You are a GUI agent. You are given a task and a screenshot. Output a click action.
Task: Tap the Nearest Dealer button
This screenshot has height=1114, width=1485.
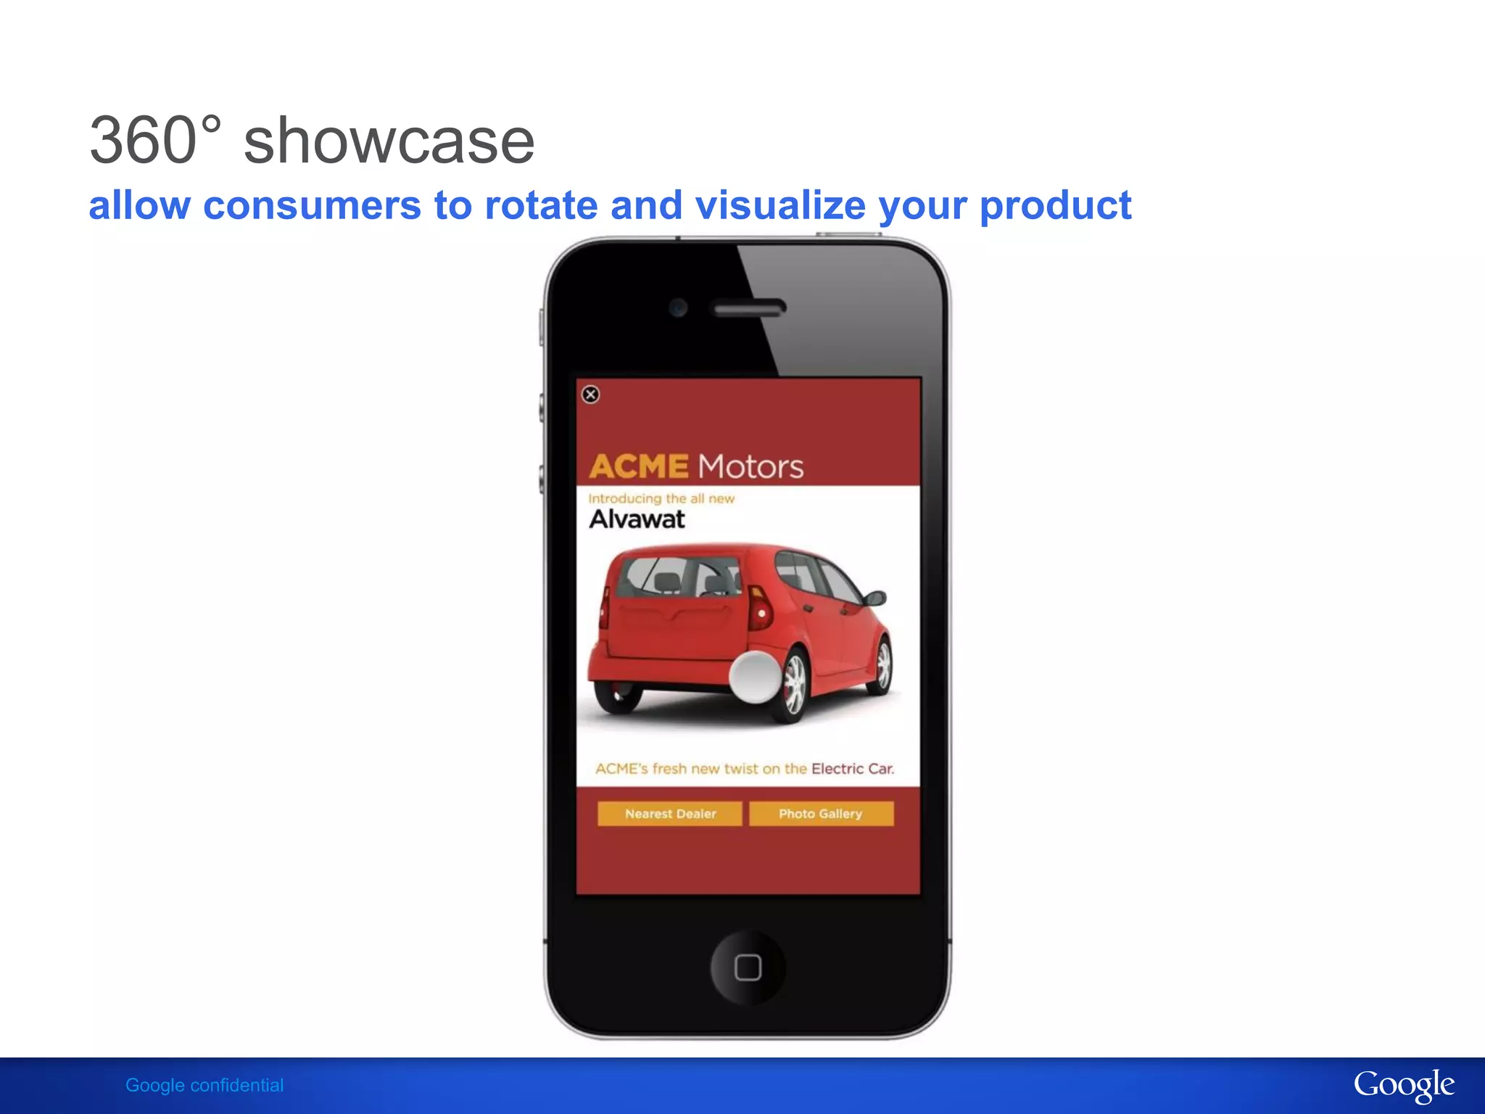pos(669,814)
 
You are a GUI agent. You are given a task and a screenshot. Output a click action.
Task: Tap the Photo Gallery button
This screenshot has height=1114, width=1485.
pos(821,814)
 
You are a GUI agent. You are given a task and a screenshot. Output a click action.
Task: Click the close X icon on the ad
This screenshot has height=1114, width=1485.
pos(591,395)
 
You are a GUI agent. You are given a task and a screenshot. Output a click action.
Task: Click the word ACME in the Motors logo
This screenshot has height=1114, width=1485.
pos(639,466)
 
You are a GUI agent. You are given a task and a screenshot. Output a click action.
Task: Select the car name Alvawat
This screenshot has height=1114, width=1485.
pos(637,519)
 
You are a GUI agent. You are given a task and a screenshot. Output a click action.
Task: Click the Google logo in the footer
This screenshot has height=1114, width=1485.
pos(1404,1085)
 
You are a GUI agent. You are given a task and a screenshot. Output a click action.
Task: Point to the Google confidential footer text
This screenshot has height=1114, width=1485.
pos(204,1085)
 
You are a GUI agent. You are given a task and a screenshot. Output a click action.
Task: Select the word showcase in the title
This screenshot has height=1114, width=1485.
pos(389,141)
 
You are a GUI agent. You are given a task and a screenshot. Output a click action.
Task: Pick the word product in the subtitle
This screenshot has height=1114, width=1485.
pos(1055,207)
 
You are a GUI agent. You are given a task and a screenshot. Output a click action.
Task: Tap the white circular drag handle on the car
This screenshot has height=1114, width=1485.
pos(755,677)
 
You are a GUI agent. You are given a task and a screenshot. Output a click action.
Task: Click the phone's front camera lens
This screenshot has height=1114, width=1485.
pos(679,308)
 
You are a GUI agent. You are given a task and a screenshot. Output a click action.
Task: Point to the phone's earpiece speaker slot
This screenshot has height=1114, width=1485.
pos(749,309)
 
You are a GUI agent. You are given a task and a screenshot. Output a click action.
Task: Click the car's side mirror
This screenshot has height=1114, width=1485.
pos(875,598)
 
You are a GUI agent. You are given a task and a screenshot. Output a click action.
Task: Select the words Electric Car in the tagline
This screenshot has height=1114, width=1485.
pos(853,769)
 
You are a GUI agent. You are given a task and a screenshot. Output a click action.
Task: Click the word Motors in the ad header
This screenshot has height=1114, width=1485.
pos(750,467)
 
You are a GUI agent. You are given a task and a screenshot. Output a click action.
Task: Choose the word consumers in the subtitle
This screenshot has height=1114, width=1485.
pos(312,205)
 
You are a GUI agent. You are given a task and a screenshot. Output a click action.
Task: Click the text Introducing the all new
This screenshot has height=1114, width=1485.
pos(661,499)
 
